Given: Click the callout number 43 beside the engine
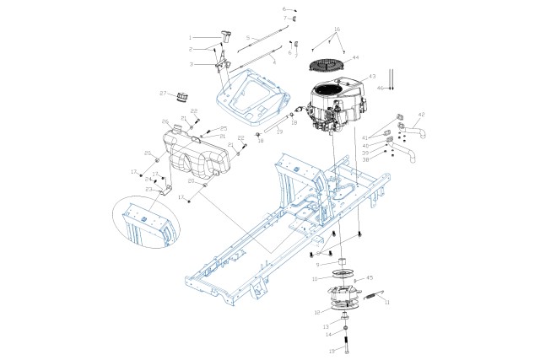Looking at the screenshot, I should coord(371,77).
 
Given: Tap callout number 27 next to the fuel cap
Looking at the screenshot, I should coord(163,93).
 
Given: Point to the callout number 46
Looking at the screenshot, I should coord(380,88).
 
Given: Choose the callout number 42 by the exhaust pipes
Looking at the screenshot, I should coord(422,114).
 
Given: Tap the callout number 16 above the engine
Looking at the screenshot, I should coord(337,30).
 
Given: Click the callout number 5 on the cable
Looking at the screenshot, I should coord(247,38).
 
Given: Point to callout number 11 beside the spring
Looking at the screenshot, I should coord(387,302).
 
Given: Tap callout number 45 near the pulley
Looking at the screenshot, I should coord(369,277).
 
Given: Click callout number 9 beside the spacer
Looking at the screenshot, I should coord(317,264).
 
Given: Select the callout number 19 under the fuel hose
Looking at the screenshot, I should coord(279,132).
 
